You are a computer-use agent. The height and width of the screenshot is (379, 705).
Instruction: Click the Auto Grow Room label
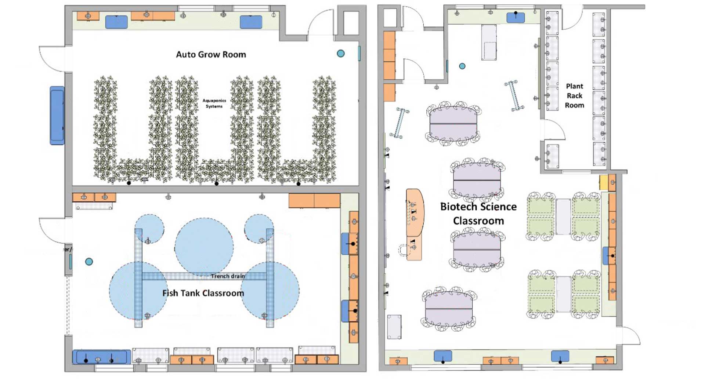tap(211, 55)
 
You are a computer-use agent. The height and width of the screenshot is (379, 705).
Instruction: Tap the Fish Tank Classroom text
tap(203, 293)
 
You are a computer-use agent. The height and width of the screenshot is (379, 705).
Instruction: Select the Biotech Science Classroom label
tap(478, 214)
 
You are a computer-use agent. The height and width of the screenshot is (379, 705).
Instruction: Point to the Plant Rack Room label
tap(574, 96)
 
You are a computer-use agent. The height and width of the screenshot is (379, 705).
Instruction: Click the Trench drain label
tap(228, 276)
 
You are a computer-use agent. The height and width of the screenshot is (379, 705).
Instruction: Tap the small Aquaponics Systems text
tap(214, 103)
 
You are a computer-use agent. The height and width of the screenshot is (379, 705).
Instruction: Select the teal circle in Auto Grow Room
tap(341, 54)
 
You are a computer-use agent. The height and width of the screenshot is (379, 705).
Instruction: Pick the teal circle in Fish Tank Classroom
tap(89, 262)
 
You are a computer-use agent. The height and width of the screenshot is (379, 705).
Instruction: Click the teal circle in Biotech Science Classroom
tap(462, 66)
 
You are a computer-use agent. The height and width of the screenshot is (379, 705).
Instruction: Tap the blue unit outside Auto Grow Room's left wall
tap(57, 115)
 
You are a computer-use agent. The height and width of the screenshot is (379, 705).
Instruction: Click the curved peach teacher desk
tap(415, 213)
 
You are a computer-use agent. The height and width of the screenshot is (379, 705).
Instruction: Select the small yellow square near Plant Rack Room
tap(603, 182)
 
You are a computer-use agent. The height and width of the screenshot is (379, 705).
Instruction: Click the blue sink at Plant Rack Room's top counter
tap(516, 17)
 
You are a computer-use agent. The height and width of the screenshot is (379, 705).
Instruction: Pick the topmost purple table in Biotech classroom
tap(453, 124)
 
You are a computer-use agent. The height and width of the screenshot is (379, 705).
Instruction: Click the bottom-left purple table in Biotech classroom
tap(448, 309)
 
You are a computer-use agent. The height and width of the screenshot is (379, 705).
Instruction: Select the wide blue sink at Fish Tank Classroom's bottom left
tap(101, 357)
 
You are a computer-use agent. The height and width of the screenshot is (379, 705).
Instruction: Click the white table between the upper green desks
tap(563, 216)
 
